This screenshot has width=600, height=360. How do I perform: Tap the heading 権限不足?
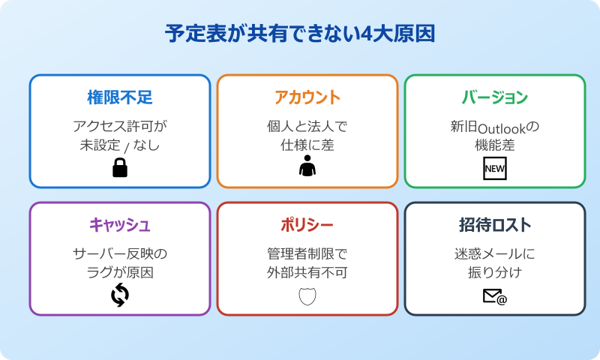(x=120, y=97)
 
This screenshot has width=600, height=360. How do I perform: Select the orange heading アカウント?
(x=307, y=97)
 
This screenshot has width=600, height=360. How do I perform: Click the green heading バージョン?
(x=495, y=97)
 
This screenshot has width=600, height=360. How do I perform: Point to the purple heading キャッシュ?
(x=120, y=224)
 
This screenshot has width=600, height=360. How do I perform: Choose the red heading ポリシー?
(x=307, y=224)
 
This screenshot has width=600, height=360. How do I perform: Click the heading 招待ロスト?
(x=495, y=224)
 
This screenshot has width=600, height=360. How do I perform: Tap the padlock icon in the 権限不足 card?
(x=120, y=169)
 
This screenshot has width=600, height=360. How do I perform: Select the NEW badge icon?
(x=495, y=169)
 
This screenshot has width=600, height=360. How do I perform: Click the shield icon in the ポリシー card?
(x=307, y=296)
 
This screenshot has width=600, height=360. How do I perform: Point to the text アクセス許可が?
(x=120, y=124)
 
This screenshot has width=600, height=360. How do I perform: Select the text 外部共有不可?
(x=307, y=272)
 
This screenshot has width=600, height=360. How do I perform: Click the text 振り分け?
(x=495, y=272)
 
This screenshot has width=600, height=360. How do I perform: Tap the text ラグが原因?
(x=120, y=272)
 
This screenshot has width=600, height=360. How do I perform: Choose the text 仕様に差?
(x=307, y=145)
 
